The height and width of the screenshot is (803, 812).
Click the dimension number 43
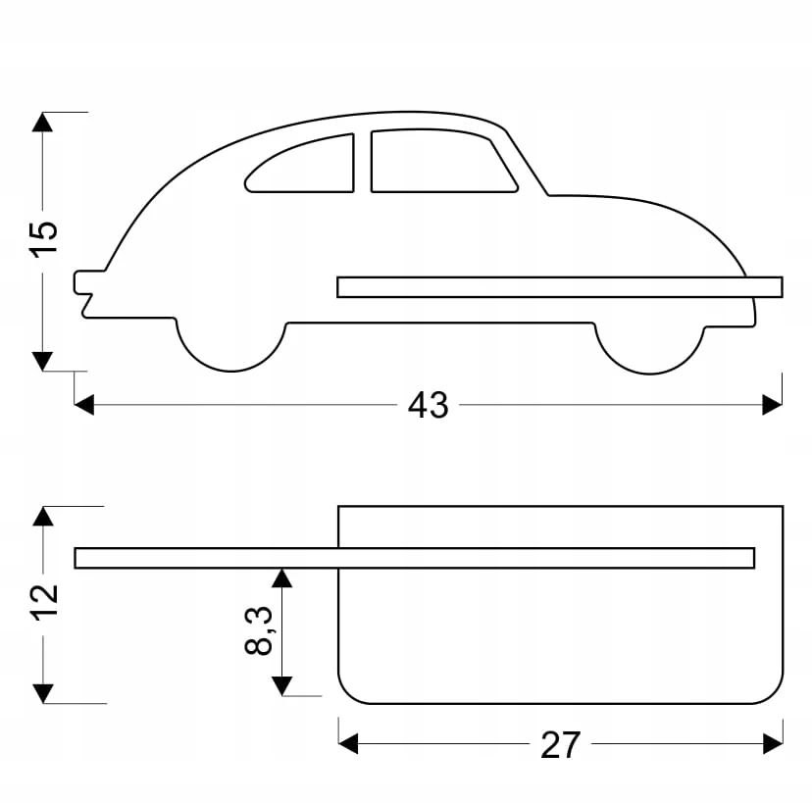428,405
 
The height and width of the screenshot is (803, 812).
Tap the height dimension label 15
43,237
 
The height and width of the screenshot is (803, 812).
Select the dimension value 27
560,745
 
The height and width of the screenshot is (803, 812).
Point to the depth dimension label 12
43,600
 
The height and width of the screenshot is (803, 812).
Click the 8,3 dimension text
259,629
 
